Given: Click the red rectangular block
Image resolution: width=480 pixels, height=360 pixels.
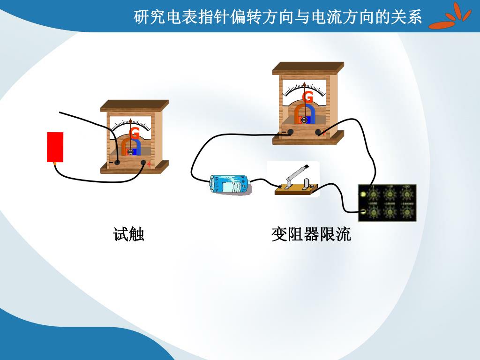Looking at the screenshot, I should point(55,147).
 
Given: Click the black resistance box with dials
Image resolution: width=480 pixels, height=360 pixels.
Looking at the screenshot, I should point(388,203).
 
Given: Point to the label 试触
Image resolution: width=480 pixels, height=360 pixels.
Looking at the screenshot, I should point(128,234).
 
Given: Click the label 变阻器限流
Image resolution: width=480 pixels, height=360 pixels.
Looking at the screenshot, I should point(311,234).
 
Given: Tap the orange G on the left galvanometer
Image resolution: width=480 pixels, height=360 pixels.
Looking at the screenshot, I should point(135,133).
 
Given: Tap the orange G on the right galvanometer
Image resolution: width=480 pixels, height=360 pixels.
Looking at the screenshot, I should point(307,97).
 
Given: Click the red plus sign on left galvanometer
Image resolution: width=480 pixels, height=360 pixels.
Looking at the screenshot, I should point(149,164).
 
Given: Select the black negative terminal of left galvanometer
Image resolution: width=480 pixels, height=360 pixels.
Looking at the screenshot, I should point(117,162).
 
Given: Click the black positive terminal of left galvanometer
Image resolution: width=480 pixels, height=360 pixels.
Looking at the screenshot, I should point(143,162).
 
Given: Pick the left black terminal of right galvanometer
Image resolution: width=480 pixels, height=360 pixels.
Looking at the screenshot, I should point(291,132).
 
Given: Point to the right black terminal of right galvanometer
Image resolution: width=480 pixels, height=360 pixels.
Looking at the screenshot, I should point(318,132).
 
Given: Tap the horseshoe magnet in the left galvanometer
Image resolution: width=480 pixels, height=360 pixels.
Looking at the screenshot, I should point(131,147).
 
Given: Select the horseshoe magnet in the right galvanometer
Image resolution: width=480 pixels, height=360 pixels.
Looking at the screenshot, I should point(304,113).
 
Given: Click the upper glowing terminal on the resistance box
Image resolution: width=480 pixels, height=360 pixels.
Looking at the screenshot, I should point(362,194).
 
